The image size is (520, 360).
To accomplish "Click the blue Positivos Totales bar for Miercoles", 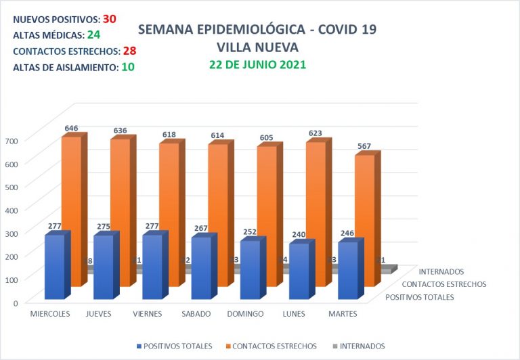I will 54,267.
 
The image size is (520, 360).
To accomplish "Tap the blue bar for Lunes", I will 299,271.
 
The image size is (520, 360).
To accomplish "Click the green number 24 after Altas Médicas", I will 94,35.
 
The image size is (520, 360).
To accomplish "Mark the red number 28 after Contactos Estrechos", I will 130,51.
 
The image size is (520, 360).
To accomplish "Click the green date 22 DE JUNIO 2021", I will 257,65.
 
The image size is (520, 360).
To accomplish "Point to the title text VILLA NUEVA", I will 257,47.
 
